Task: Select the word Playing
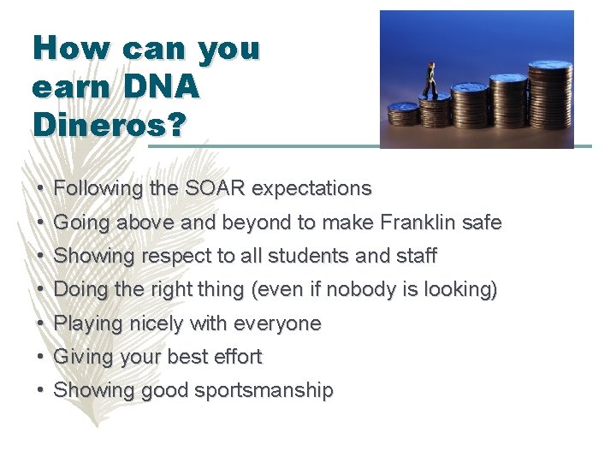[88, 323]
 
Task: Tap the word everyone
[278, 323]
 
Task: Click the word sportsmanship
[264, 390]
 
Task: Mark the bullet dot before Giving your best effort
[41, 357]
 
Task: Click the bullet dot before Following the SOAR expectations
[41, 188]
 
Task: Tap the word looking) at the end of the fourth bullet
[463, 289]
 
